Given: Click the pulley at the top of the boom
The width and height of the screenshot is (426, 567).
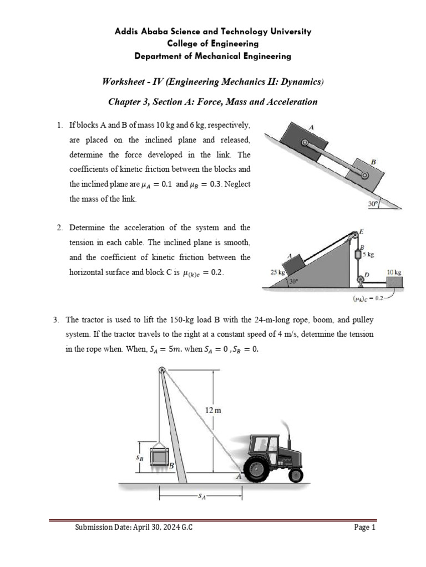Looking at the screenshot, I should point(161,370).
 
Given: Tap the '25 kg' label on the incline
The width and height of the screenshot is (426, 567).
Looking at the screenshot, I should point(277,273).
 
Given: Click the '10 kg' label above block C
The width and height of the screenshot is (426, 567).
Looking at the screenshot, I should point(394,272).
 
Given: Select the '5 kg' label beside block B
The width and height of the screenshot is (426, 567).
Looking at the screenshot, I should point(369,255).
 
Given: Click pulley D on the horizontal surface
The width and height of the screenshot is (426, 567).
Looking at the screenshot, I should point(361,282).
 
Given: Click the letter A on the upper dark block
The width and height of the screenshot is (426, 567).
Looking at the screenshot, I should point(311,127).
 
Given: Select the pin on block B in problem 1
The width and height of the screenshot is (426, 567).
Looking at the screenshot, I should point(364,176).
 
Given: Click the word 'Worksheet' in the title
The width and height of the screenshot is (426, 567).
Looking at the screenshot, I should point(123,81).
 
